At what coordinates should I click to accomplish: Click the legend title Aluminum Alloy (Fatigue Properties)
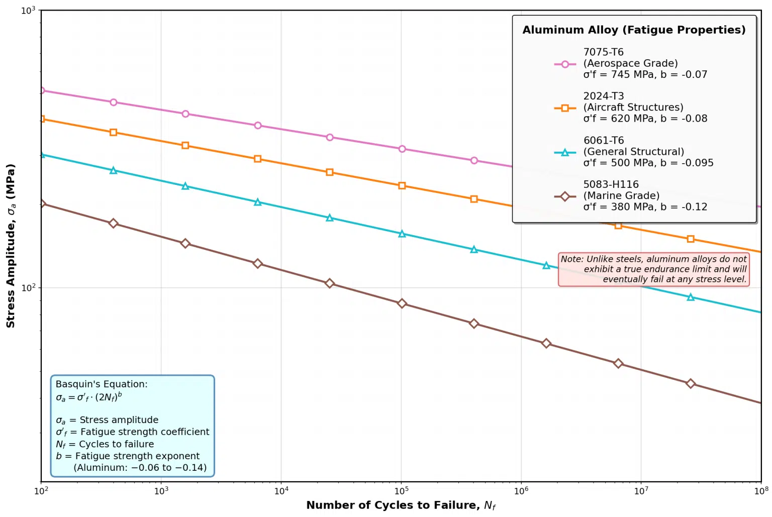pyautogui.click(x=634, y=30)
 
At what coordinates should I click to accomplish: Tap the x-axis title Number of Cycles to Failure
pyautogui.click(x=401, y=505)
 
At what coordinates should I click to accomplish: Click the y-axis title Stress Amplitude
pyautogui.click(x=11, y=246)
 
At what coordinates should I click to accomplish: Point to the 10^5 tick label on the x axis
pyautogui.click(x=401, y=491)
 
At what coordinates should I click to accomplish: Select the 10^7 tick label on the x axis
pyautogui.click(x=641, y=491)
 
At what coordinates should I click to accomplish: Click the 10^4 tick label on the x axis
pyautogui.click(x=281, y=491)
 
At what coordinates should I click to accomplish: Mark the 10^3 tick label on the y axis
pyautogui.click(x=28, y=11)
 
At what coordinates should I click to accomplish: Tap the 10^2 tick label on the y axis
pyautogui.click(x=28, y=288)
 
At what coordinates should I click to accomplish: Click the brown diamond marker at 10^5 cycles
pyautogui.click(x=402, y=303)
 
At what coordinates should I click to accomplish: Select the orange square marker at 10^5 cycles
pyautogui.click(x=402, y=186)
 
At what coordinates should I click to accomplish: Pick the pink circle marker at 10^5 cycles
pyautogui.click(x=402, y=149)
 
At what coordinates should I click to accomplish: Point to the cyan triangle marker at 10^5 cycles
pyautogui.click(x=402, y=234)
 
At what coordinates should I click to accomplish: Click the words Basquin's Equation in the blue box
pyautogui.click(x=102, y=384)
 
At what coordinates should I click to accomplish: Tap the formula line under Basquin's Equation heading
pyautogui.click(x=89, y=397)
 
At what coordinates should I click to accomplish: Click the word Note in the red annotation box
pyautogui.click(x=572, y=259)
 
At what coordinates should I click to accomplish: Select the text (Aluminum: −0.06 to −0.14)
pyautogui.click(x=140, y=468)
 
